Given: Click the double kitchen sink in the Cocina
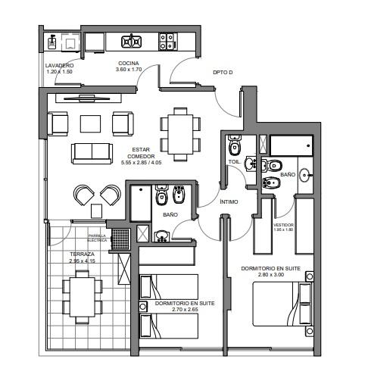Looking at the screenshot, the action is [131, 42].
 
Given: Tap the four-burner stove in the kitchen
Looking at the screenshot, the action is [167, 42].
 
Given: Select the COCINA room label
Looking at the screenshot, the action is [129, 63].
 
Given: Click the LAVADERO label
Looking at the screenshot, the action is [59, 66].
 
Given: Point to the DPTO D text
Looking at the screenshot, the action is [223, 73].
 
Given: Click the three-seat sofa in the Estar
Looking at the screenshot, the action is [92, 154].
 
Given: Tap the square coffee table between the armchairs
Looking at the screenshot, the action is [90, 123].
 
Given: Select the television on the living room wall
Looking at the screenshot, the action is [87, 98].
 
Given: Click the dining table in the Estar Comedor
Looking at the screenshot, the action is [180, 135].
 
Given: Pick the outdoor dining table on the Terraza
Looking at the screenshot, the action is [83, 297].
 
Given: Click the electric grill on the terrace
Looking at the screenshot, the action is [120, 239].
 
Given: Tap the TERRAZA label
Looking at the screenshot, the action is [82, 254].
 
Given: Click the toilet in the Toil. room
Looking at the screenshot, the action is [235, 145].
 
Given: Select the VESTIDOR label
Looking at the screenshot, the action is [283, 225].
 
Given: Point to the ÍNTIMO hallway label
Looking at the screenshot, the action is [229, 202].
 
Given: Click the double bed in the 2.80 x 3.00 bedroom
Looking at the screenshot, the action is [282, 304].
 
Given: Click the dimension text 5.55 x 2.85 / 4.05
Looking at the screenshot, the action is [141, 163].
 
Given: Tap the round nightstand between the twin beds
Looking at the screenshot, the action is [143, 307].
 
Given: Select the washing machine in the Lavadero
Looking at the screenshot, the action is [70, 42].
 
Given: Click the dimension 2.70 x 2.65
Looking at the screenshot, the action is [185, 310].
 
